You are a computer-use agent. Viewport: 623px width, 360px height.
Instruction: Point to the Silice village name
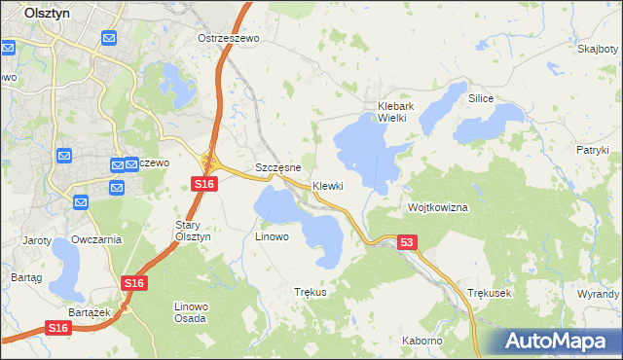coord(482,99)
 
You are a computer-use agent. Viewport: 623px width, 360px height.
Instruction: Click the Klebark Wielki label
coord(398,112)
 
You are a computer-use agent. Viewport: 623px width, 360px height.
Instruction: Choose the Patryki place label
coord(592,150)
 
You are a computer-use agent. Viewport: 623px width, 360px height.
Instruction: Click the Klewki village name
coord(328,186)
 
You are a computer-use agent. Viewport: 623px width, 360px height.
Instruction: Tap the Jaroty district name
coord(37,239)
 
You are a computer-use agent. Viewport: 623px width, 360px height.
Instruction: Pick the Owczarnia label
coord(96,239)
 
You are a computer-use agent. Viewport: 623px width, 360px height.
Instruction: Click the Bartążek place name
coord(86,311)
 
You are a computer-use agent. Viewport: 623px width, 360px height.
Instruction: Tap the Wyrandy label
coord(598,293)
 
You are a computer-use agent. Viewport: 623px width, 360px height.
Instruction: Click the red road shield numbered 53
coord(407,242)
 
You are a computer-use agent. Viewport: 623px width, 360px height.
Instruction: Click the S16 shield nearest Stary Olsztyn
coord(202,184)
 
